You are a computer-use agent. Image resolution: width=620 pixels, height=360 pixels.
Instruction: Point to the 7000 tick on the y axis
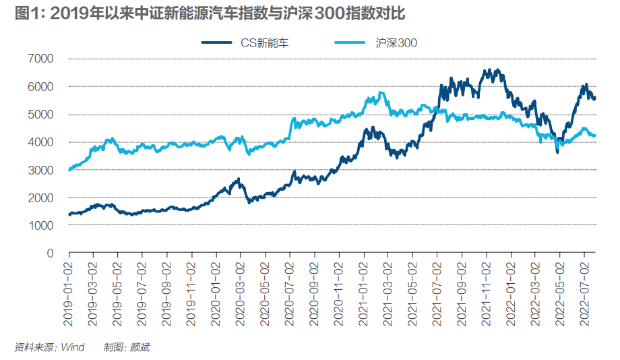click(x=40, y=59)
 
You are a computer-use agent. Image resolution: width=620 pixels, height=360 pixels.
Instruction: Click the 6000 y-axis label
click(x=40, y=87)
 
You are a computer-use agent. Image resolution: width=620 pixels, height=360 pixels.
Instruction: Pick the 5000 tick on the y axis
click(x=40, y=115)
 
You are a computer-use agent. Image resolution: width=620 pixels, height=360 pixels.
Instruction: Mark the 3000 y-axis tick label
click(x=40, y=171)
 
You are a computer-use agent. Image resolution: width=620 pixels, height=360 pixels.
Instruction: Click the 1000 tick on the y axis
click(x=40, y=226)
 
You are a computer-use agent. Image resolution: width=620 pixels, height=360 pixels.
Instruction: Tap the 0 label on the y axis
click(x=49, y=253)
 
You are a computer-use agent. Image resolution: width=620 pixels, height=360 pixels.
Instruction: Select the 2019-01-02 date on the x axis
click(x=69, y=286)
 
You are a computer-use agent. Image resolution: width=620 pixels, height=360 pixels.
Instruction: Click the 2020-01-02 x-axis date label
click(x=216, y=286)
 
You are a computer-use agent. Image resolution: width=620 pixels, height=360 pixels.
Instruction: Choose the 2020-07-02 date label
click(x=290, y=286)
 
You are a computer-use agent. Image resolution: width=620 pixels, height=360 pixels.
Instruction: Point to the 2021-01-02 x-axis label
click(x=363, y=286)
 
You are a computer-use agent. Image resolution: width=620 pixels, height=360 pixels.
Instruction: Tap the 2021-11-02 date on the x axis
click(x=485, y=286)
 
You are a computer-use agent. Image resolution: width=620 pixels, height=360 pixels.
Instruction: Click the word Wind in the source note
click(x=73, y=347)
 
